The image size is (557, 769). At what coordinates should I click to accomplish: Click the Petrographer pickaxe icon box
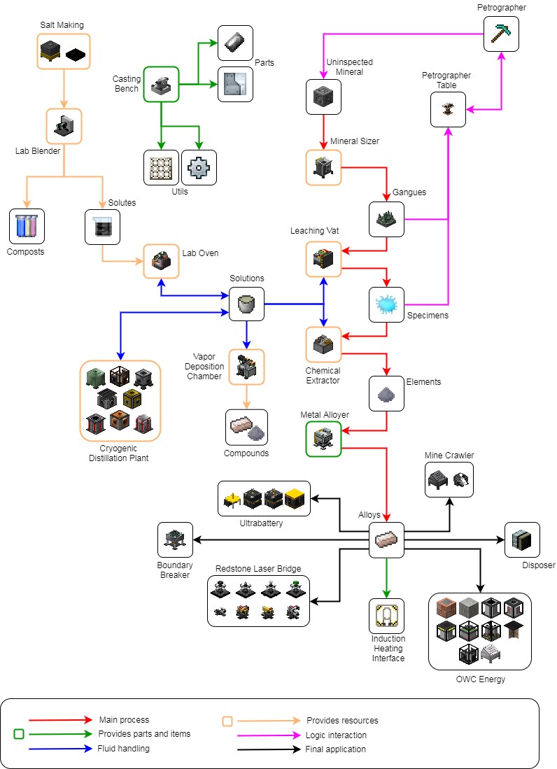tap(502, 33)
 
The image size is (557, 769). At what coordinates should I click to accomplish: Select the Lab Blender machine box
tap(64, 126)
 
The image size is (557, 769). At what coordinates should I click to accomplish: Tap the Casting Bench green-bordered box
tap(162, 84)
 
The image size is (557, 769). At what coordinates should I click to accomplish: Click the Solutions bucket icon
tap(247, 304)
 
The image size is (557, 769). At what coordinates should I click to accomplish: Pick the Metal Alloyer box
tap(323, 439)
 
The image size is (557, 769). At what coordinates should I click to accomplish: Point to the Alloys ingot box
tap(387, 539)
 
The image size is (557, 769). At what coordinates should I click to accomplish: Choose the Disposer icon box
tap(522, 539)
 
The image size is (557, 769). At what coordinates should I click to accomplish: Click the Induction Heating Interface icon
tap(387, 616)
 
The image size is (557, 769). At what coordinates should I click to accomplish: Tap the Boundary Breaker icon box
tap(176, 539)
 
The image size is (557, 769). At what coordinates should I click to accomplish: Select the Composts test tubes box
tap(27, 226)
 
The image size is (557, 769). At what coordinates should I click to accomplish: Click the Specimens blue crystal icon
tap(387, 304)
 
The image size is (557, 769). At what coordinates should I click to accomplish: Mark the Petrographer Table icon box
tap(448, 109)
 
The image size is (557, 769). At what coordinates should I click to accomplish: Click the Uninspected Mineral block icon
tap(324, 97)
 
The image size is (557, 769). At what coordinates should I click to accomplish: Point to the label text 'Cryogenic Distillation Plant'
tap(120, 453)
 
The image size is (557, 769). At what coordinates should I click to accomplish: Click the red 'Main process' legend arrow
tap(60, 720)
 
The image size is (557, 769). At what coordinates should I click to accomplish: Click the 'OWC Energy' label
tap(479, 679)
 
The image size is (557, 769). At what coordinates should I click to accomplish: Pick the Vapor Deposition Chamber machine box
tap(247, 367)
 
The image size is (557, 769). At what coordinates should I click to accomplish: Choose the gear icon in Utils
tap(199, 167)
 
